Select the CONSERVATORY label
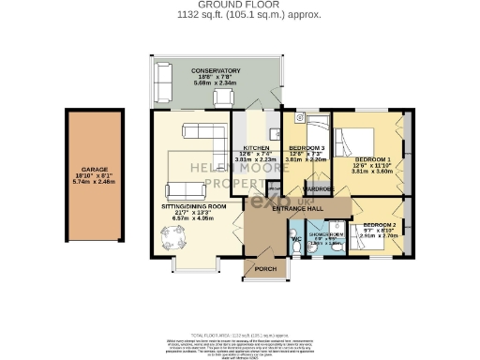pos(216,71)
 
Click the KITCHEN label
pos(256,149)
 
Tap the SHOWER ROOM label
pos(326,234)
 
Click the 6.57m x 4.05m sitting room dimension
pos(194,219)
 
